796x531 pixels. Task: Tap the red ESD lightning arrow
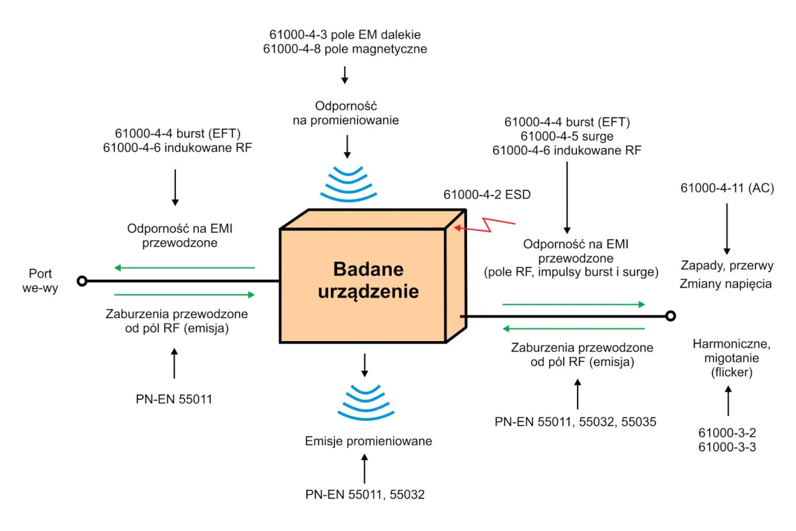[x=485, y=225]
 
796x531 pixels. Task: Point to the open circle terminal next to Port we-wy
[x=81, y=281]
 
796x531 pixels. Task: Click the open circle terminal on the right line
[x=670, y=316]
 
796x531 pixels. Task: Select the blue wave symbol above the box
[x=348, y=184]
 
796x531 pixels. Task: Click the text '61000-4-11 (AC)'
[x=727, y=188]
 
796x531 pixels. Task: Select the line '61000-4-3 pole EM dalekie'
[x=345, y=34]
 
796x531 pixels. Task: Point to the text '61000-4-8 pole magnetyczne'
[x=345, y=49]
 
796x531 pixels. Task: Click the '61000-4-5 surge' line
[x=567, y=136]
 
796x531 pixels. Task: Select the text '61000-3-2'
[x=727, y=432]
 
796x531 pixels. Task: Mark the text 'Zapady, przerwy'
[x=726, y=266]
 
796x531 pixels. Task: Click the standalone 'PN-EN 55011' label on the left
[x=174, y=398]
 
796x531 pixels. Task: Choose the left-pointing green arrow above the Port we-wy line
[x=185, y=268]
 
